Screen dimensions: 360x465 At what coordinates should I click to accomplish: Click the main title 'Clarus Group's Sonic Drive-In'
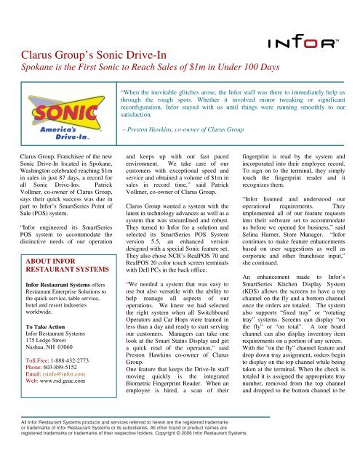(x=92, y=54)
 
